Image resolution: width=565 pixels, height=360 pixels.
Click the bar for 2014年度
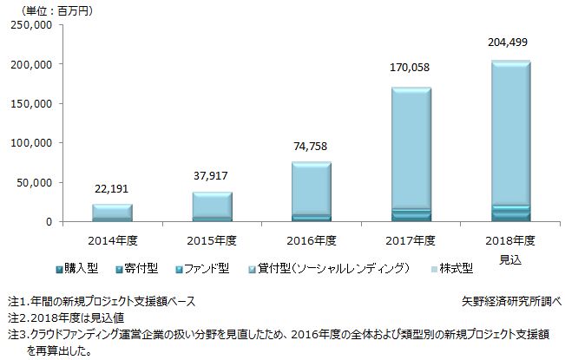pyautogui.click(x=111, y=213)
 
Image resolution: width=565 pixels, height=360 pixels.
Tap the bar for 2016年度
pyautogui.click(x=310, y=192)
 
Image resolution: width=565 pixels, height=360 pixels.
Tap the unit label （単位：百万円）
pyautogui.click(x=58, y=10)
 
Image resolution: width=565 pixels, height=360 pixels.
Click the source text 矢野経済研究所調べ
pyautogui.click(x=513, y=300)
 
